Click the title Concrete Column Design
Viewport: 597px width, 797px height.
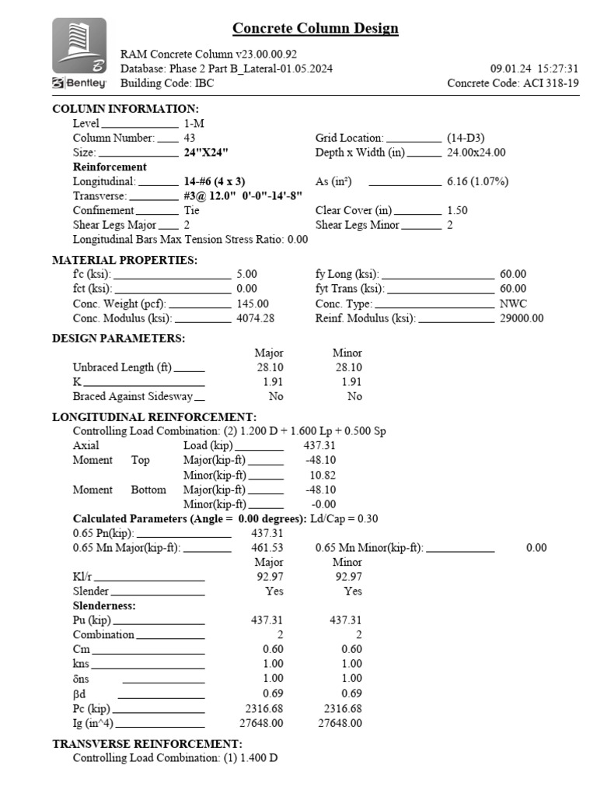coord(316,29)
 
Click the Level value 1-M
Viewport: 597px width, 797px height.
coord(195,123)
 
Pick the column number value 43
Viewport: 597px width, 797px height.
coord(190,138)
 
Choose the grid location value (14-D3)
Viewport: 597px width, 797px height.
coord(466,138)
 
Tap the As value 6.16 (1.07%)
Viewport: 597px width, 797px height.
coord(477,181)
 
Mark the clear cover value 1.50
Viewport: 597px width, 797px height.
coord(458,211)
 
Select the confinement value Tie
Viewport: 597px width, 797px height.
coord(191,211)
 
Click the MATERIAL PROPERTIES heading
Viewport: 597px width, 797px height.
coord(124,260)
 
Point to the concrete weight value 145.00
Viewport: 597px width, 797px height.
coord(253,304)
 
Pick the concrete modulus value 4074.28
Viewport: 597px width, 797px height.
coord(255,319)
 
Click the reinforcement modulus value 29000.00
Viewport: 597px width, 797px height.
coord(522,319)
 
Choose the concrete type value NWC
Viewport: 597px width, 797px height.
coord(513,304)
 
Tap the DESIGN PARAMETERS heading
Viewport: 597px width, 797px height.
coord(118,339)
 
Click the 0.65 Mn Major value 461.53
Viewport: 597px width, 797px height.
coord(267,548)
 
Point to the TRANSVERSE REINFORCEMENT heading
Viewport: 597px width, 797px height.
coord(148,744)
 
